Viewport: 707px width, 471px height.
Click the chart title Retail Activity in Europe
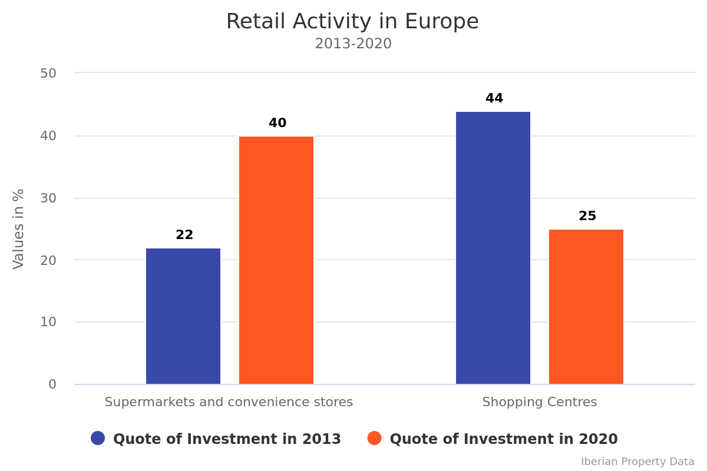352,22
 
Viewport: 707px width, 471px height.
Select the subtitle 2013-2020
353,44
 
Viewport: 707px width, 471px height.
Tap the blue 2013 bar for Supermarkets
183,316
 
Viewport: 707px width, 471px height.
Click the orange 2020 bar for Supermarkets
276,260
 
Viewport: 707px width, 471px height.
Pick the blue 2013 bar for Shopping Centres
493,248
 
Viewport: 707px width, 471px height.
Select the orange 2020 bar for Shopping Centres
586,307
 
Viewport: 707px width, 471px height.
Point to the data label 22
184,235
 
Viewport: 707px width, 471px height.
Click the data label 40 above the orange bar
277,123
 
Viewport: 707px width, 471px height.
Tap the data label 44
494,98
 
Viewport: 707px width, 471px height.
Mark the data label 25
587,216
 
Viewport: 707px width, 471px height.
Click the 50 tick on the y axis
48,74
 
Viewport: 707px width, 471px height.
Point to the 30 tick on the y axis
48,198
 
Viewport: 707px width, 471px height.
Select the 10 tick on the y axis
48,322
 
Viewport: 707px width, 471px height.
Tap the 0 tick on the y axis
52,384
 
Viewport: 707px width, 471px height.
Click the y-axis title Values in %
19,228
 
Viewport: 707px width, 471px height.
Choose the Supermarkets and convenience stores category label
229,402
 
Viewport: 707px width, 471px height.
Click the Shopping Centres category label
540,402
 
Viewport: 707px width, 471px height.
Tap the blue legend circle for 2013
98,438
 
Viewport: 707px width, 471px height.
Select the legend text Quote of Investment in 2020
504,439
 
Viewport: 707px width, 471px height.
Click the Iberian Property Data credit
637,462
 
